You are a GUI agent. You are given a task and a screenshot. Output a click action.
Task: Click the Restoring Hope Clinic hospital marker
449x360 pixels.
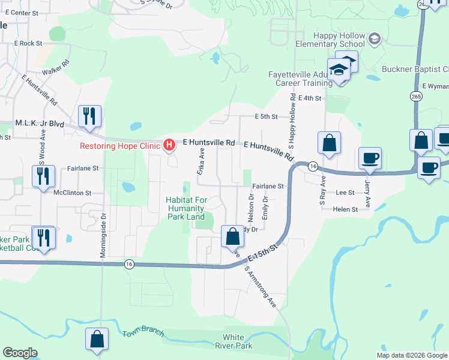(169, 145)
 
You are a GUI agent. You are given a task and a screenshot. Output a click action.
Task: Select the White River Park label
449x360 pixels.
(238, 341)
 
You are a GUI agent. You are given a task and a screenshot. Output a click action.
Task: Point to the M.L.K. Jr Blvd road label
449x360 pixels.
(40, 123)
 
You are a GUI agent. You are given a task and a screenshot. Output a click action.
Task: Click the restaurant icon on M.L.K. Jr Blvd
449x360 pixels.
(89, 115)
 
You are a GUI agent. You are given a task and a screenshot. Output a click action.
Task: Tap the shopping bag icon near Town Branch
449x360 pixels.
(97, 339)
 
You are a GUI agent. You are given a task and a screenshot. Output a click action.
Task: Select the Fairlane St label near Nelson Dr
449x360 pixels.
(268, 187)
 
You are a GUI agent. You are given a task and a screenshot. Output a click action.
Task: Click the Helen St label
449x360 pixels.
(345, 209)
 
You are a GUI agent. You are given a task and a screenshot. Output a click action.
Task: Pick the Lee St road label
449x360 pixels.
(345, 193)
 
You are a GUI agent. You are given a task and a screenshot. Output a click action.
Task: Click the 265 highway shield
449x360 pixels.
(416, 96)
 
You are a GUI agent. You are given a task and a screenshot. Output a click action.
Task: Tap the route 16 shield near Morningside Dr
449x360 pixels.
(129, 263)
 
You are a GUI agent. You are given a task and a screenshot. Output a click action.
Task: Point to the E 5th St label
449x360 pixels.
(267, 116)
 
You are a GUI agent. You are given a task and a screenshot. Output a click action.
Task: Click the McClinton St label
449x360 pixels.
(72, 193)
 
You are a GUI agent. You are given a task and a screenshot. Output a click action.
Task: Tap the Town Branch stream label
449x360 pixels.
(143, 334)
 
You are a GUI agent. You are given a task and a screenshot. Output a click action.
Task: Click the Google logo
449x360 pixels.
(20, 353)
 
